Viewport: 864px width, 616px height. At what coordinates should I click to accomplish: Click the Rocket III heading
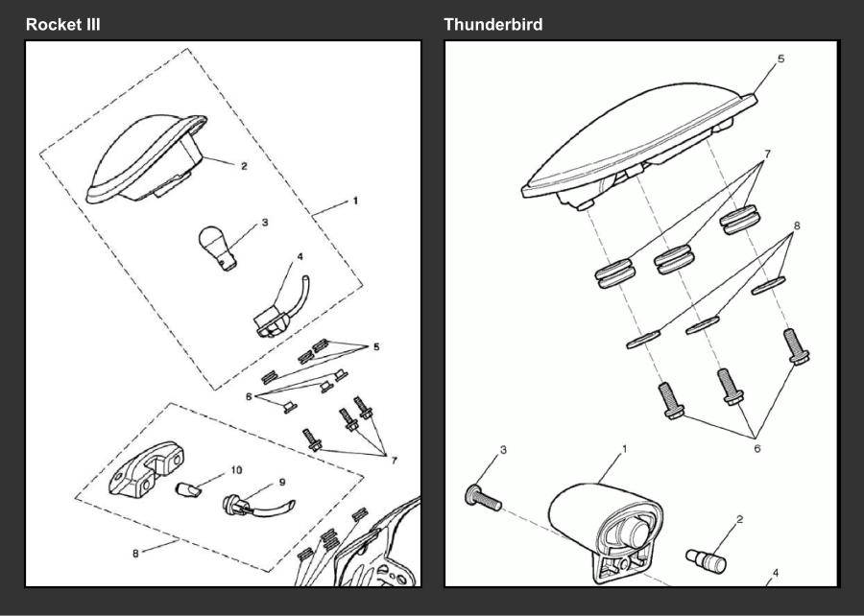pyautogui.click(x=62, y=25)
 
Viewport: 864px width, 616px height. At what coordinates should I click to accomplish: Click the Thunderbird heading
pyautogui.click(x=493, y=25)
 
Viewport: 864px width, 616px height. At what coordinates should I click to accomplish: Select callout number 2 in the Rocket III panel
pyautogui.click(x=244, y=166)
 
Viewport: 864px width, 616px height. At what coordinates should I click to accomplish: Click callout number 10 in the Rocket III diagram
pyautogui.click(x=236, y=470)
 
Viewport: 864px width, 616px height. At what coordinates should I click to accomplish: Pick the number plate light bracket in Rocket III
pyautogui.click(x=146, y=468)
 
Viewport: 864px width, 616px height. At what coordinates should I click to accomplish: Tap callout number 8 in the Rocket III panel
pyautogui.click(x=135, y=554)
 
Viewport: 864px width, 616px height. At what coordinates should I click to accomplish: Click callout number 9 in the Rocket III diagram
pyautogui.click(x=282, y=483)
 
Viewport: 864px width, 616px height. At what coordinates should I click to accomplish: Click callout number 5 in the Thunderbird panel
pyautogui.click(x=780, y=59)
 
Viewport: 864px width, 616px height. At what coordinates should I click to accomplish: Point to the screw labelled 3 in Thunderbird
pyautogui.click(x=483, y=497)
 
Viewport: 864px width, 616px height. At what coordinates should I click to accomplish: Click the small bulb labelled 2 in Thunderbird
pyautogui.click(x=706, y=560)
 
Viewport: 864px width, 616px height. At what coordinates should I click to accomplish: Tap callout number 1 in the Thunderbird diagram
pyautogui.click(x=624, y=449)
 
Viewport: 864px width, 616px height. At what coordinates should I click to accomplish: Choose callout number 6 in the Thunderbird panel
pyautogui.click(x=757, y=449)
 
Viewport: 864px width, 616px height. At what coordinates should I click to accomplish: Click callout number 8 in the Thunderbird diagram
pyautogui.click(x=797, y=225)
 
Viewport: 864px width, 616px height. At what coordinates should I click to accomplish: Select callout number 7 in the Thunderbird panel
pyautogui.click(x=767, y=154)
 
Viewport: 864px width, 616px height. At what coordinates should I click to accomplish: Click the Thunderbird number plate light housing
pyautogui.click(x=606, y=532)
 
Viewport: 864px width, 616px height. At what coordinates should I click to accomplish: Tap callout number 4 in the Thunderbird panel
pyautogui.click(x=776, y=574)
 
